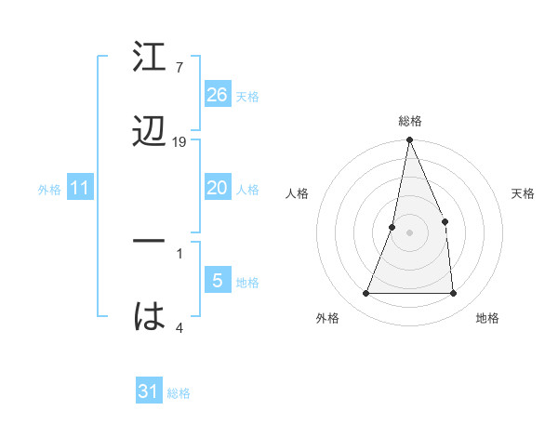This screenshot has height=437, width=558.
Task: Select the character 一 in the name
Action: point(150,241)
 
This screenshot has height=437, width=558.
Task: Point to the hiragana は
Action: point(150,315)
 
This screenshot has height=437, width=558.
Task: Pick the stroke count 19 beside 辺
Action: point(179,141)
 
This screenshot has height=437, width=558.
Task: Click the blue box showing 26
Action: point(218,94)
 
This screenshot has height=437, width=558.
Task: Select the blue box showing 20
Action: point(218,188)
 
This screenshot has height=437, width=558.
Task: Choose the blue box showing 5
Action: point(218,281)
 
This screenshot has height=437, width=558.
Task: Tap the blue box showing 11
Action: point(81,188)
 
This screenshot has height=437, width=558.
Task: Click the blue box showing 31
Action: point(149,391)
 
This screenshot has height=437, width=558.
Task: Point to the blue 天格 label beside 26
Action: point(247,96)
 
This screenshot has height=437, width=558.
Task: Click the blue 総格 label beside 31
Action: point(179,393)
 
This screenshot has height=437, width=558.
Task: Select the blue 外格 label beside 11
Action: point(49,190)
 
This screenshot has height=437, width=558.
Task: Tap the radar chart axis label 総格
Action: point(410,121)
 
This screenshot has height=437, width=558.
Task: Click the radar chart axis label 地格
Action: point(487,318)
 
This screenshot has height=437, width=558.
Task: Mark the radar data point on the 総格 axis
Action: point(409,141)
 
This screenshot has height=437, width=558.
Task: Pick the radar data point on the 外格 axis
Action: point(366,294)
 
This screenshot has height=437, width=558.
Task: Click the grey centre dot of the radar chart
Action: point(409,232)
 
